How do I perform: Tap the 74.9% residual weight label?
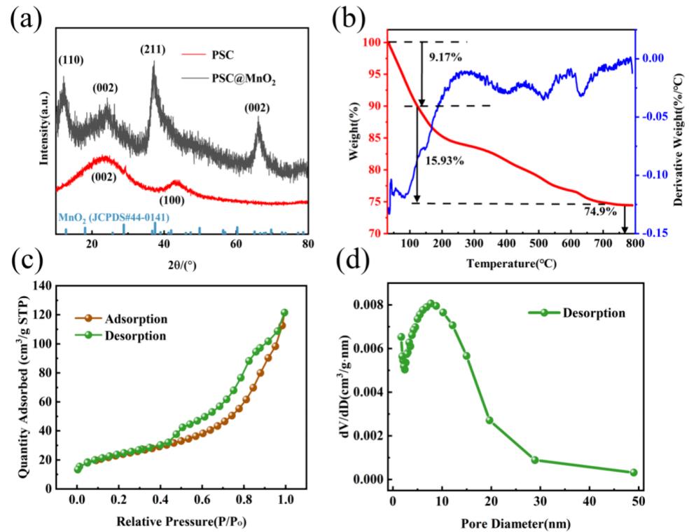pos(600,211)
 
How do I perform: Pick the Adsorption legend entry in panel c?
pos(138,320)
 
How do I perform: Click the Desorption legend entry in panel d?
pos(594,313)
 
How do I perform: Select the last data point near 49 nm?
pos(634,472)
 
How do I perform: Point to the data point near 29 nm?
pos(535,461)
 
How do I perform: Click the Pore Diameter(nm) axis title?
pos(517,523)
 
